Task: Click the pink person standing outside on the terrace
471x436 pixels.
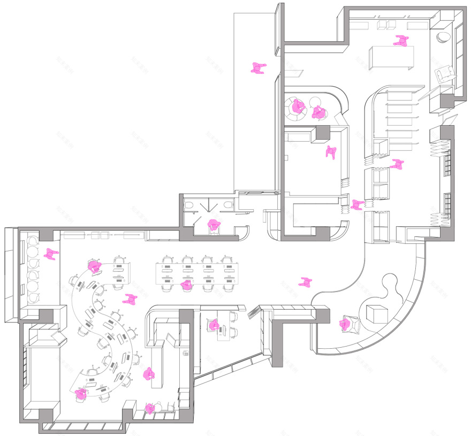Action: click(x=259, y=68)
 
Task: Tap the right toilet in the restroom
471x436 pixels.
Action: click(x=227, y=205)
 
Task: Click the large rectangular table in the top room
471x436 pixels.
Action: click(x=391, y=56)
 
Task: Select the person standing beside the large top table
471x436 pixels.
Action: click(x=401, y=41)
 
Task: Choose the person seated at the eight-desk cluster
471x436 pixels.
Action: click(x=186, y=285)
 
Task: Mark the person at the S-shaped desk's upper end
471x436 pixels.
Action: click(x=95, y=265)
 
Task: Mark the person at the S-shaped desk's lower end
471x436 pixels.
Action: click(x=81, y=394)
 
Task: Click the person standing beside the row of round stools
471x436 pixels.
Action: click(x=51, y=254)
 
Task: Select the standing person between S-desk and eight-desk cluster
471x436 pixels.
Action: click(x=129, y=299)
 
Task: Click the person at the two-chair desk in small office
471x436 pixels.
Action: click(x=214, y=325)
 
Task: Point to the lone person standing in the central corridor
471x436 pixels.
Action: click(x=306, y=282)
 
